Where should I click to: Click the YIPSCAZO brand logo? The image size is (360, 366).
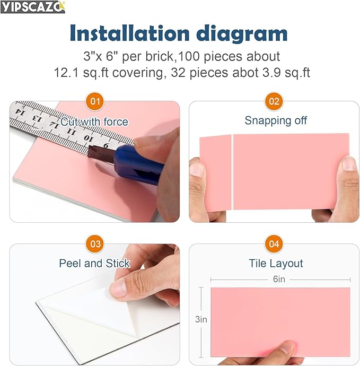(x=33, y=7)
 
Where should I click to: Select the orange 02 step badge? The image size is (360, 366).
(x=274, y=101)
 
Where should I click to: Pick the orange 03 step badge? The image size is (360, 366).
(x=95, y=244)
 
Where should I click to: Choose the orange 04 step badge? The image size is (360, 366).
(x=274, y=244)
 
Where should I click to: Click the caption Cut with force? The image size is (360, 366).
(x=94, y=122)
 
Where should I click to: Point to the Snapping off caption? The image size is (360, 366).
(x=276, y=120)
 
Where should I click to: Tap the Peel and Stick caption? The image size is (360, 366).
(x=94, y=263)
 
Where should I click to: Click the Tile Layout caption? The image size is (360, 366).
(x=276, y=263)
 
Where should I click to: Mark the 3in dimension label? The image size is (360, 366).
(x=201, y=319)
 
